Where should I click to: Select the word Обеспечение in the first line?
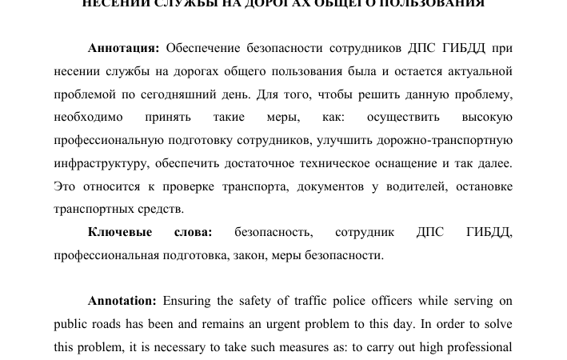pyautogui.click(x=205, y=49)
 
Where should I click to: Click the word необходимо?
pyautogui.click(x=88, y=118)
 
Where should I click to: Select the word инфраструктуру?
pyautogui.click(x=100, y=164)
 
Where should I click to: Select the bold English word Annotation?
pyautogui.click(x=122, y=302)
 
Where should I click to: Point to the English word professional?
pyautogui.click(x=478, y=348)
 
